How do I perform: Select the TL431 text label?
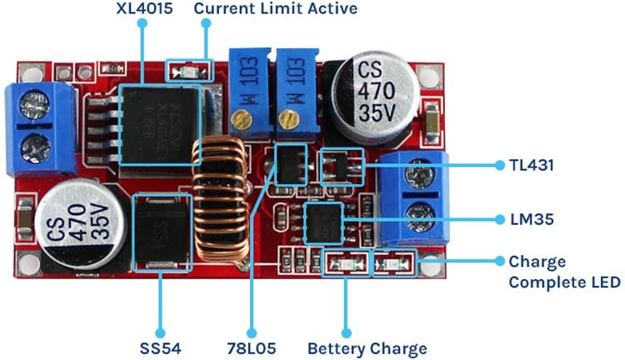pyautogui.click(x=530, y=165)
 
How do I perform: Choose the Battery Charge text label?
pyautogui.click(x=367, y=348)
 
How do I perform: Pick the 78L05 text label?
pyautogui.click(x=251, y=348)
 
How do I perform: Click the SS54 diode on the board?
pyautogui.click(x=160, y=232)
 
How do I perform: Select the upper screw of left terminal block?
pyautogui.click(x=35, y=106)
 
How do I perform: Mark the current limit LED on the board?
pyautogui.click(x=190, y=72)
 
